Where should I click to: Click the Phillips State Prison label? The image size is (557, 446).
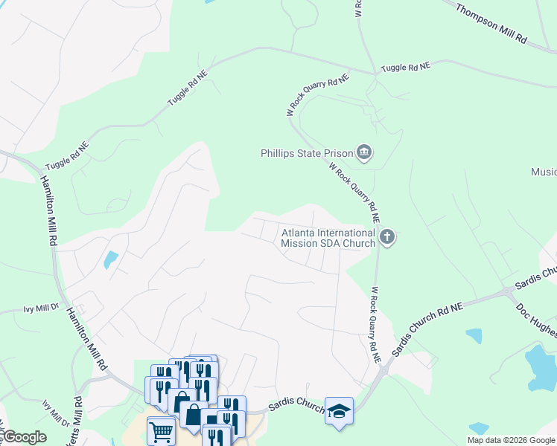coord(305,154)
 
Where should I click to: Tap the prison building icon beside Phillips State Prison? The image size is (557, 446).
coord(364,154)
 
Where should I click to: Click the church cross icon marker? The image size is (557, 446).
coord(386,238)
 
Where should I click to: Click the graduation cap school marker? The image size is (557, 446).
coord(339,411)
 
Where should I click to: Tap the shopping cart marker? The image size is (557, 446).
coord(161,430)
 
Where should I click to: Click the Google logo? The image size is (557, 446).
coord(24,437)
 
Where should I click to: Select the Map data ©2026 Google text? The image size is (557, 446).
coord(510,440)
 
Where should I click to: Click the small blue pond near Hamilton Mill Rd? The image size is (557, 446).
coord(110,260)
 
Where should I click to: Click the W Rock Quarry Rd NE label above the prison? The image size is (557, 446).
coord(318,94)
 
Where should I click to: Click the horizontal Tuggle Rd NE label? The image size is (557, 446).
coord(405,68)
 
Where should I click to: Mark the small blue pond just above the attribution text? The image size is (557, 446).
coord(479,429)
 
